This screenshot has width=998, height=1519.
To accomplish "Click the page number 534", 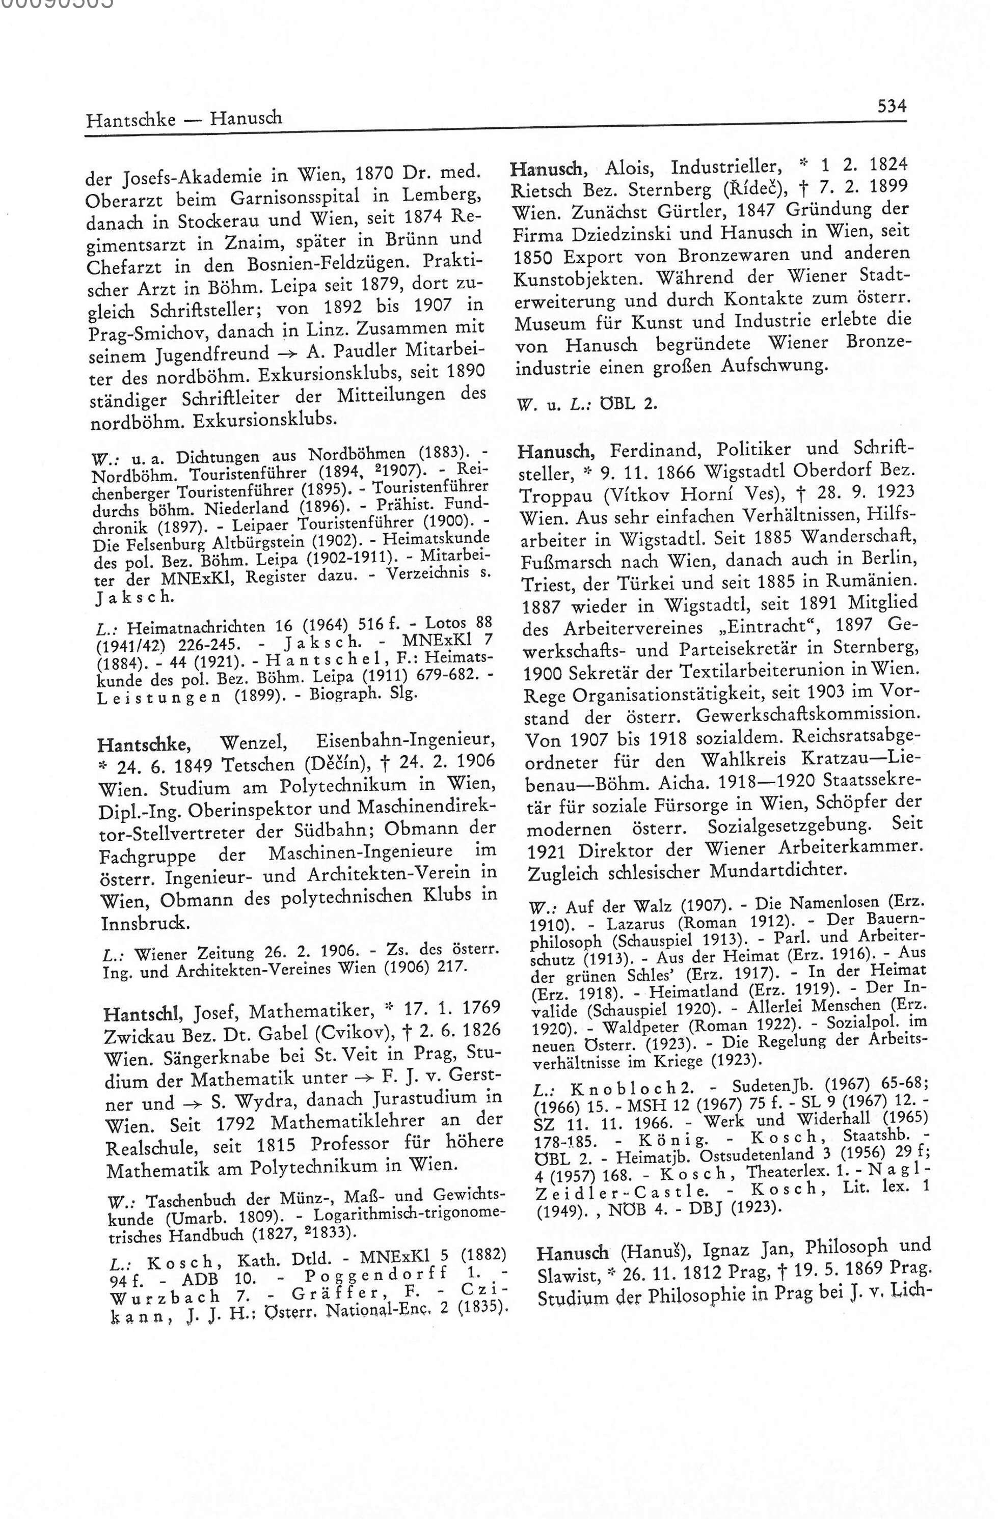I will pos(892,106).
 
